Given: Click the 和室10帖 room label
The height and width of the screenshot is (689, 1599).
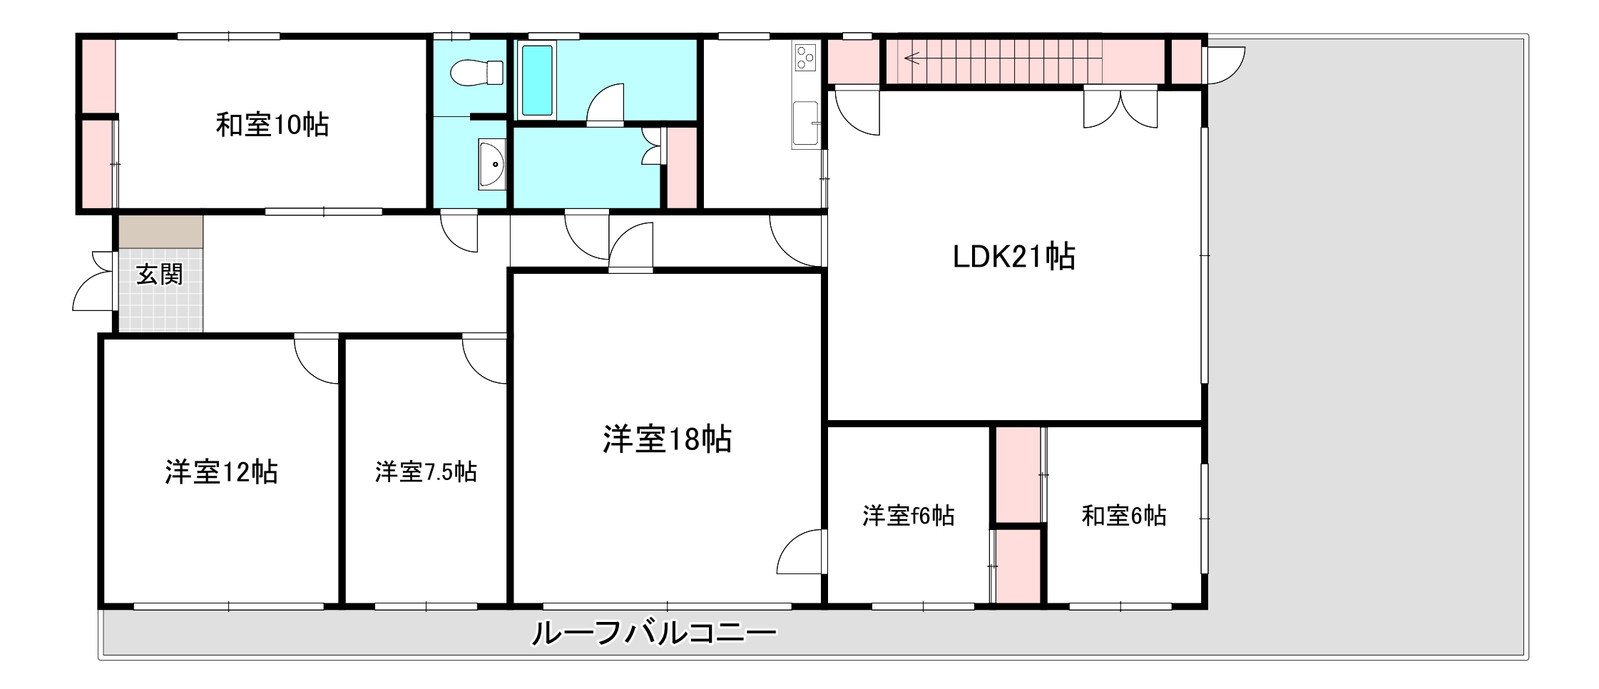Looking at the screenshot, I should (x=272, y=126).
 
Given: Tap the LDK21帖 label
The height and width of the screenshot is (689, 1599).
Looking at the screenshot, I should (x=1013, y=257).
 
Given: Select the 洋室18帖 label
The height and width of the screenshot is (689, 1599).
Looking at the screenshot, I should (x=667, y=439).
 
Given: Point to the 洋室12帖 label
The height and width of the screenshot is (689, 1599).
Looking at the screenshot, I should (x=221, y=472).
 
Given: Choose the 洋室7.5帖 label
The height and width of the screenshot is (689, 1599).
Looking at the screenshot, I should (x=426, y=472).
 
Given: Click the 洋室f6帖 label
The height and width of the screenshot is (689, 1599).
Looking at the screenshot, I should (x=908, y=516).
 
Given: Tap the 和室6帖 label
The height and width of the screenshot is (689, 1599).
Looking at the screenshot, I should (x=1123, y=516).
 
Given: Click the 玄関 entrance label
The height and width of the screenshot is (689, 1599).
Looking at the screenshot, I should (x=160, y=275).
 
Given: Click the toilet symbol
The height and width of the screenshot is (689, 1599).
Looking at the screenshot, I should (x=477, y=72).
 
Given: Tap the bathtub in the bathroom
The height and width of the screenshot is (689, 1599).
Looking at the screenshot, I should (x=537, y=80).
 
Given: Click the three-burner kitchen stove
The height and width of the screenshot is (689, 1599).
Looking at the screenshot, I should (x=806, y=57).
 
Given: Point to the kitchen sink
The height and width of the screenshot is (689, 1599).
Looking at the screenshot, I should (x=806, y=123).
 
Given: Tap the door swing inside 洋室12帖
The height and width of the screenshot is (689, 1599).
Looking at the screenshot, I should (x=316, y=362).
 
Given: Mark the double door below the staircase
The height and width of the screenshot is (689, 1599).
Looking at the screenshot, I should (x=1120, y=107).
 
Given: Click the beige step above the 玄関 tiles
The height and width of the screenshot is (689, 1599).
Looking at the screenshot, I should (x=160, y=231).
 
